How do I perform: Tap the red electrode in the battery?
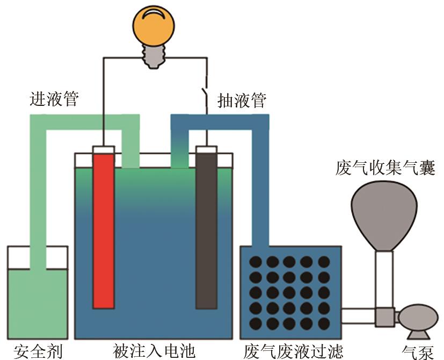(104, 231)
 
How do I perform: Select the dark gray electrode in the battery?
(206, 231)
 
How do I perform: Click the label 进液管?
(54, 99)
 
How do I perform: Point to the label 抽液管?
(242, 100)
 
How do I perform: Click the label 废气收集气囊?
(385, 168)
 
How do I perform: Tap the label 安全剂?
(38, 351)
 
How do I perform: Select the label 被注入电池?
(154, 351)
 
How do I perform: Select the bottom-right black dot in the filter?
(324, 324)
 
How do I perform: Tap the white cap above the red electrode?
(104, 149)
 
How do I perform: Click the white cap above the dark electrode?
(206, 149)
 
